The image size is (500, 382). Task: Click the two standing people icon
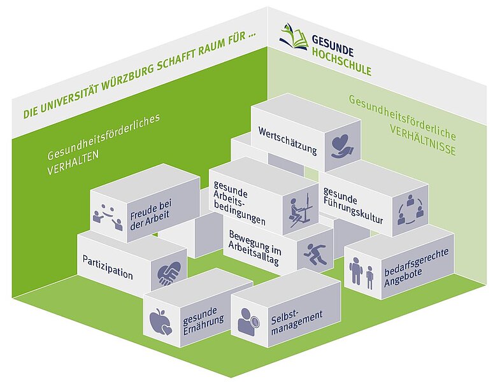(361, 272)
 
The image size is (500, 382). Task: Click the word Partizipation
(108, 267)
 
